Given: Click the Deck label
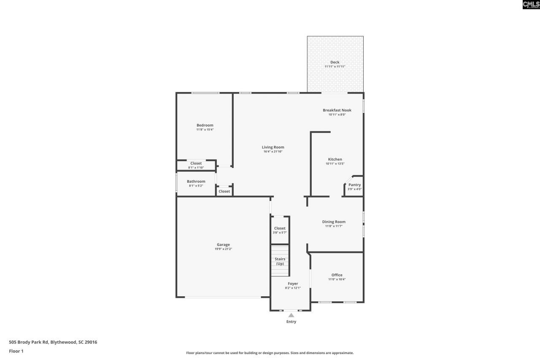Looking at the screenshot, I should (335, 62).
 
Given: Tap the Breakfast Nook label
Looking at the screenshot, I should (337, 110).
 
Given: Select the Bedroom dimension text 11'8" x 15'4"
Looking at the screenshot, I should (205, 130).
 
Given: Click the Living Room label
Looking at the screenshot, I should (273, 147).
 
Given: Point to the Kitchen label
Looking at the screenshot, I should (335, 160).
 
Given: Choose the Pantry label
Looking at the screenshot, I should (354, 185).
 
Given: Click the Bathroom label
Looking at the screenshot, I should (196, 181).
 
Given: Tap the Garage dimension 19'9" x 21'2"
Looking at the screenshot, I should (223, 249).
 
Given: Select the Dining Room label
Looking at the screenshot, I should (334, 222).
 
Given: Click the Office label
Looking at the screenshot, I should (337, 275).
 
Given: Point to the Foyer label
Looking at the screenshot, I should (293, 284).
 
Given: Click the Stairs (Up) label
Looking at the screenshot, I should (280, 261).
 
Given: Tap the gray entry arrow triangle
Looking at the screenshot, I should (291, 315).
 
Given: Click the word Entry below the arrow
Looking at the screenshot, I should (291, 322).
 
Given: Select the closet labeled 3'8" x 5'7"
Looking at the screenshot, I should (280, 230).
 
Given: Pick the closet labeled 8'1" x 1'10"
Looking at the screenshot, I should (196, 165).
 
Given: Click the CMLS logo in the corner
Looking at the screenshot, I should (531, 5).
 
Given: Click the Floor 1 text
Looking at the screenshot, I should (16, 351).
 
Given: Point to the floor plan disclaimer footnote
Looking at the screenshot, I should (270, 353).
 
